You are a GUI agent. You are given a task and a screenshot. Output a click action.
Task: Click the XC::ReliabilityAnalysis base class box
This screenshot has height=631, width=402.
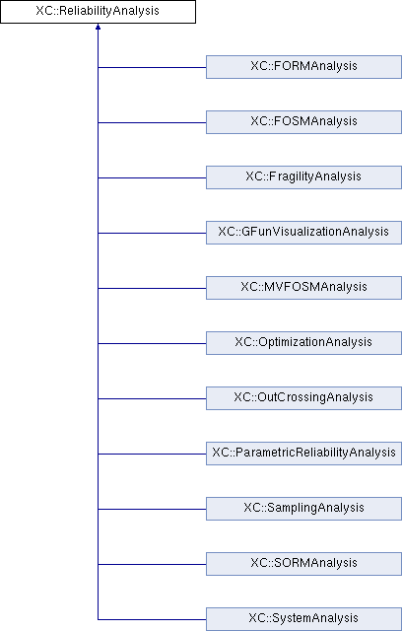pos(98,11)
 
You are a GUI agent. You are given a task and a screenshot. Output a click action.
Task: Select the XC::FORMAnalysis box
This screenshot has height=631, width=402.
pos(303,67)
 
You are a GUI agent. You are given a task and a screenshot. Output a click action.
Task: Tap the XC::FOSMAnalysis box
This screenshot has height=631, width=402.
pos(303,122)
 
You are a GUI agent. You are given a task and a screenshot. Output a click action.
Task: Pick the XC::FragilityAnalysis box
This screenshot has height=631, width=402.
pos(303,177)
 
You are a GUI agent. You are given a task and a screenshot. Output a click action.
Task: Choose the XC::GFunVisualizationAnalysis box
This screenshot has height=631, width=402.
pos(303,233)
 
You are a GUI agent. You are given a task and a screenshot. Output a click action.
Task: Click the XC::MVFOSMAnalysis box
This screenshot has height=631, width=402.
pos(303,288)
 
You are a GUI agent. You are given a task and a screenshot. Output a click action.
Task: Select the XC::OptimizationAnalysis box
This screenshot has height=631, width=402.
pos(303,343)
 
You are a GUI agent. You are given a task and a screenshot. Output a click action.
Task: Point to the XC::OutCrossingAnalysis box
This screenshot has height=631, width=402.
pos(303,398)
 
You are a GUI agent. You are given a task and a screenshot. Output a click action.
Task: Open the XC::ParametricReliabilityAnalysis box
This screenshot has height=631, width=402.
pos(303,454)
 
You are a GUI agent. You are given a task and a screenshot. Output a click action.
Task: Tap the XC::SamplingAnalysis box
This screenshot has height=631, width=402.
pos(303,509)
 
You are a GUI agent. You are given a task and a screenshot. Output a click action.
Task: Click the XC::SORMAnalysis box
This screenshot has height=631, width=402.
pos(303,563)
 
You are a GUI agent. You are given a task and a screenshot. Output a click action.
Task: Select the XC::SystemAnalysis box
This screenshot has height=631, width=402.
pos(303,619)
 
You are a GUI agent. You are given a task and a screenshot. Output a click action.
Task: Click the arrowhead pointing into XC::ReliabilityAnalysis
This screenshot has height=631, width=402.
pos(98,27)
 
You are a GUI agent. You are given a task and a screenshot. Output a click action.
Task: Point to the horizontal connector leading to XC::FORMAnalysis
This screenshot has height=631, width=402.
pos(152,67)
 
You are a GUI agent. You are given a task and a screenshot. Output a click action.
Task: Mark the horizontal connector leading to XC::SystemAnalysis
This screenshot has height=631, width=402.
pos(152,619)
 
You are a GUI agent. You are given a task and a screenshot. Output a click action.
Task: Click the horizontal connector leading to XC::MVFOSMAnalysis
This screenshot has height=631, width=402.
pos(152,288)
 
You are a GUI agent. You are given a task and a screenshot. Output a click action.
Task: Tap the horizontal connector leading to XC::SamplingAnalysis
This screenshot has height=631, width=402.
pos(152,509)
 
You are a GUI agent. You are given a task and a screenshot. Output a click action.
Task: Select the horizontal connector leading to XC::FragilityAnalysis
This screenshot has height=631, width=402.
pos(152,177)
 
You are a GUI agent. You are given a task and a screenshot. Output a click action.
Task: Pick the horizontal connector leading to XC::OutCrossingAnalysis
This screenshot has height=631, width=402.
pos(152,398)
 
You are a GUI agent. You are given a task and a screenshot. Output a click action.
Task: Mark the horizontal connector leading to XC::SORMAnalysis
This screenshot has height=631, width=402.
pos(152,564)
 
